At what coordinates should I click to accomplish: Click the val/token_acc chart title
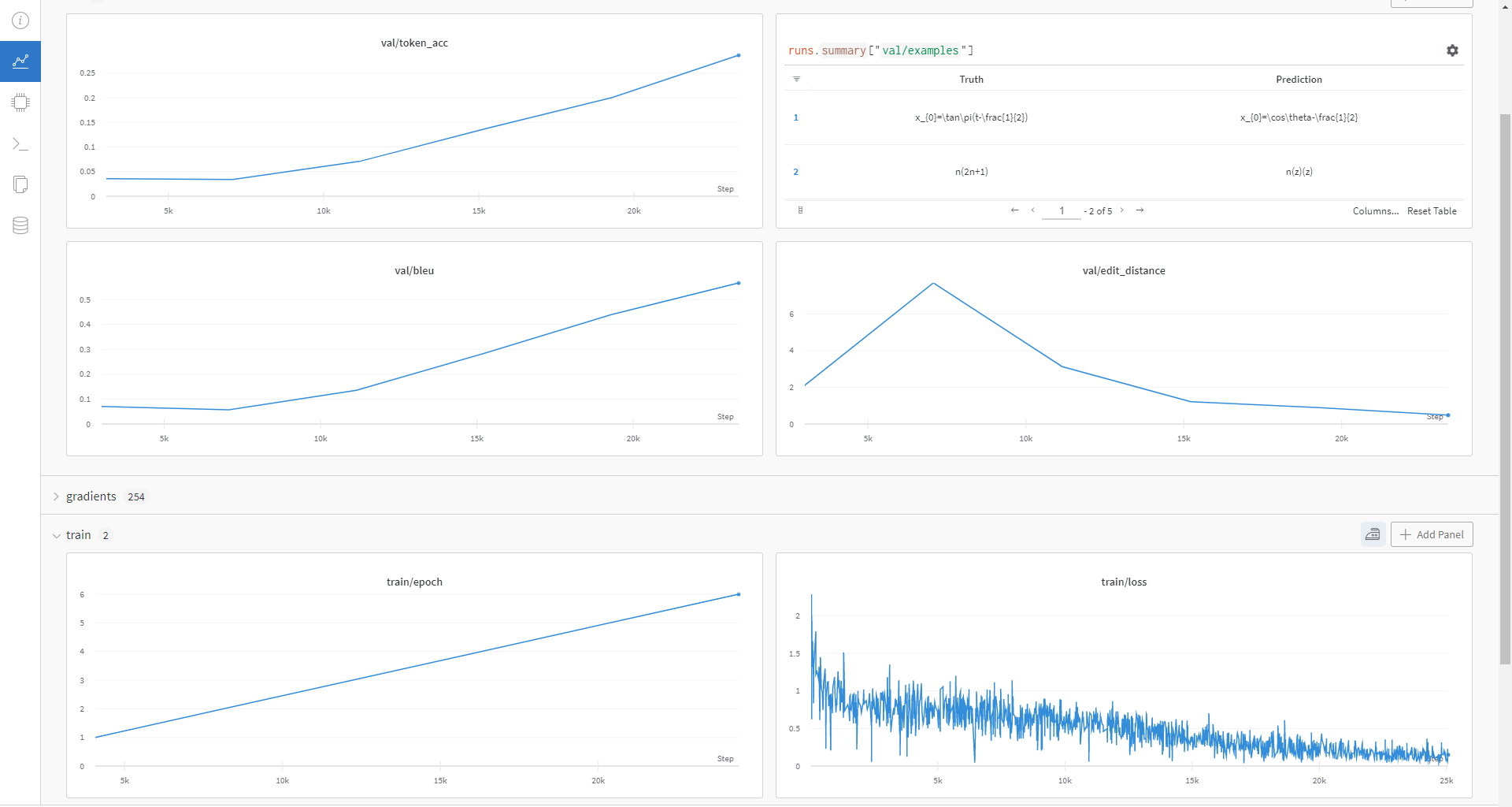(x=414, y=43)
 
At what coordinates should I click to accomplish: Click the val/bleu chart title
(x=414, y=271)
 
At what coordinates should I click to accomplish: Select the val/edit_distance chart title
(x=1124, y=271)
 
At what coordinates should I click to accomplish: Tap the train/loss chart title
(x=1124, y=582)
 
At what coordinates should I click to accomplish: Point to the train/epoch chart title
(x=414, y=582)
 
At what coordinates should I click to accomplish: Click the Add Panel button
(x=1432, y=534)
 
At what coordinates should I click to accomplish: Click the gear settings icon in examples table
(x=1452, y=50)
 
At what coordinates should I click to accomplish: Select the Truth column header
(x=971, y=80)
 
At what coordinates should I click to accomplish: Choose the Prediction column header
(x=1299, y=80)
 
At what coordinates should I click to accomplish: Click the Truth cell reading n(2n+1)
(x=971, y=172)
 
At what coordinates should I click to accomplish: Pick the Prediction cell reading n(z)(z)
(x=1299, y=172)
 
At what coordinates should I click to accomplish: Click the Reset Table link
(x=1432, y=211)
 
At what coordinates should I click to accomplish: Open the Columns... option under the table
(x=1376, y=211)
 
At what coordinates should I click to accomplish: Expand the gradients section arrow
(x=56, y=496)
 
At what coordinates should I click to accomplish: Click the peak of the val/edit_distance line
(x=933, y=283)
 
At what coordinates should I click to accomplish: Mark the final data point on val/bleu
(x=739, y=283)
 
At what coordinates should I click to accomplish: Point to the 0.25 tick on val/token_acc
(x=87, y=73)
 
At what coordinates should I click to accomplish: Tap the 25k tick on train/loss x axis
(x=1447, y=781)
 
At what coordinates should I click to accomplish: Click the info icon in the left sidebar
(x=20, y=20)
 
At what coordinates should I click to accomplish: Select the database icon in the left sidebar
(x=20, y=225)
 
